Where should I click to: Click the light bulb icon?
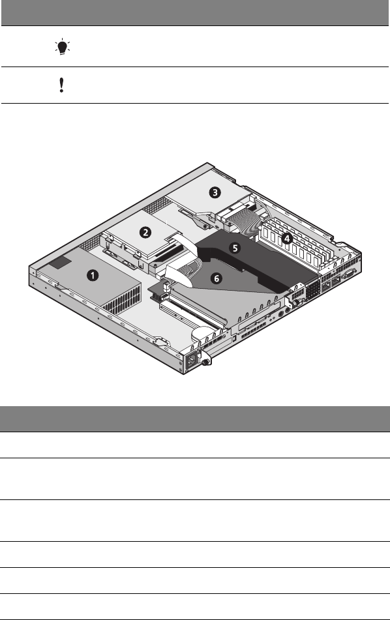click(62, 47)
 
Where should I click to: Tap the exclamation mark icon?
click(61, 85)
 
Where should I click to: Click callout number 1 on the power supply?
click(93, 275)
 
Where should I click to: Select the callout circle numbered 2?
click(145, 232)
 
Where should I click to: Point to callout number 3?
click(215, 192)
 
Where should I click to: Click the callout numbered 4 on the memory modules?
click(287, 238)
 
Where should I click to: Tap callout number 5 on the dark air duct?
click(235, 248)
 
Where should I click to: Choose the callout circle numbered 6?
click(217, 278)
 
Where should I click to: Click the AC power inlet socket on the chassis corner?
click(192, 361)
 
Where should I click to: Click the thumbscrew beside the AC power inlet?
click(205, 361)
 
